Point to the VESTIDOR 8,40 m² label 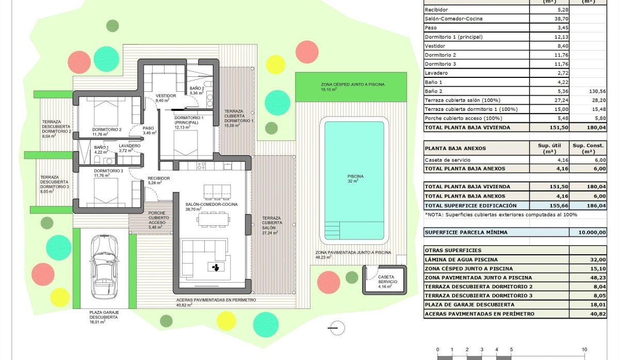[166, 99]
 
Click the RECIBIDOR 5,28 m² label [159, 181]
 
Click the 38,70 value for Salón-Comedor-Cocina [549, 19]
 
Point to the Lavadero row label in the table [436, 73]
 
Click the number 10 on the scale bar [584, 349]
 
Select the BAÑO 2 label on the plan [197, 91]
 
